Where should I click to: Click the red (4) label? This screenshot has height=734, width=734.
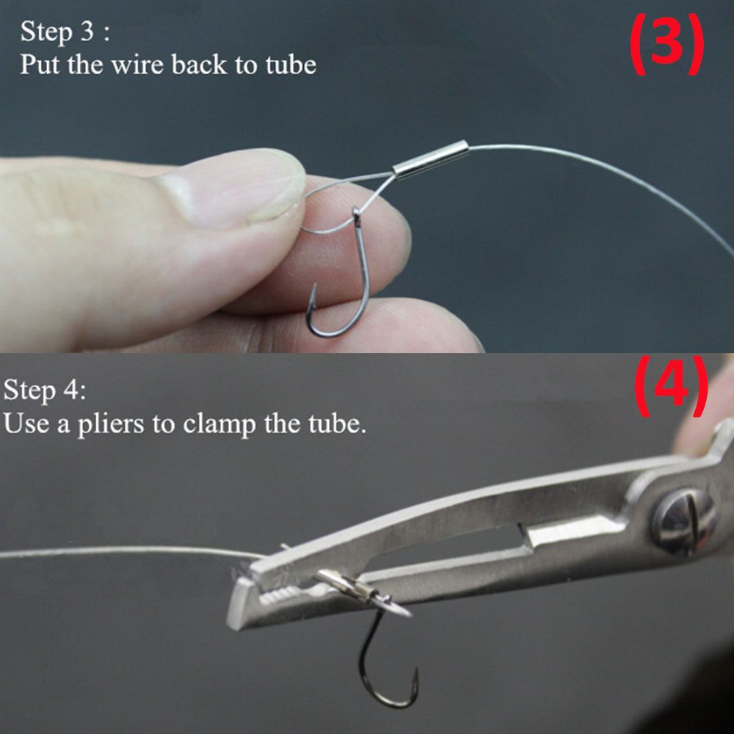click(x=671, y=387)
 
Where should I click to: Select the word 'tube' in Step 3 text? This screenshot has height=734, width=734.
click(x=290, y=65)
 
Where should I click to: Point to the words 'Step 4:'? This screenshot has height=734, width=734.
click(x=44, y=390)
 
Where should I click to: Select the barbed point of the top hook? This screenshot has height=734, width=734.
click(x=313, y=294)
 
